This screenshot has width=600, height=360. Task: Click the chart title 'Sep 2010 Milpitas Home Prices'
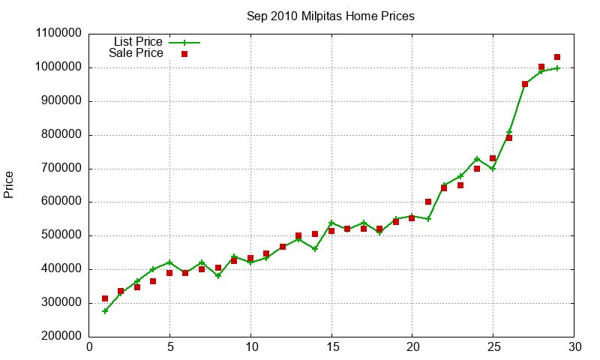click(x=330, y=16)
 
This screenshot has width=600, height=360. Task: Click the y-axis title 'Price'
click(x=9, y=184)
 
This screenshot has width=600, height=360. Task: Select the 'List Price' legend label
click(x=138, y=42)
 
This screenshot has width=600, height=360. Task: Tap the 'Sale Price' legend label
click(x=136, y=53)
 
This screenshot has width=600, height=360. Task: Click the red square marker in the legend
click(x=184, y=54)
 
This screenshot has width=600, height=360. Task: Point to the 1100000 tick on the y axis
click(x=59, y=34)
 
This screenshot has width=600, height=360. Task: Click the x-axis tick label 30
click(x=574, y=347)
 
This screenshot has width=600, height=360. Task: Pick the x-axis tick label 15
click(x=331, y=347)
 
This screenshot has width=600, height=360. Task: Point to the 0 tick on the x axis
click(x=89, y=347)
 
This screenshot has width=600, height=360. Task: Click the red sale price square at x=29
click(x=557, y=57)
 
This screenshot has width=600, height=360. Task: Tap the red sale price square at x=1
click(x=105, y=298)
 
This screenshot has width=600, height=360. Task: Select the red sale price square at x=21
click(x=428, y=202)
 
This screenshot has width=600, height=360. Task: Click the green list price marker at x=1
click(x=105, y=310)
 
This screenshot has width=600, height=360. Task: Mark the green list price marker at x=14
click(x=315, y=249)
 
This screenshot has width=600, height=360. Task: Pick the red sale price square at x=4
click(x=153, y=281)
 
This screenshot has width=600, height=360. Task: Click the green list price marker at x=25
click(x=493, y=169)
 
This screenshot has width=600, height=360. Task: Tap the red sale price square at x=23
click(x=460, y=185)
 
